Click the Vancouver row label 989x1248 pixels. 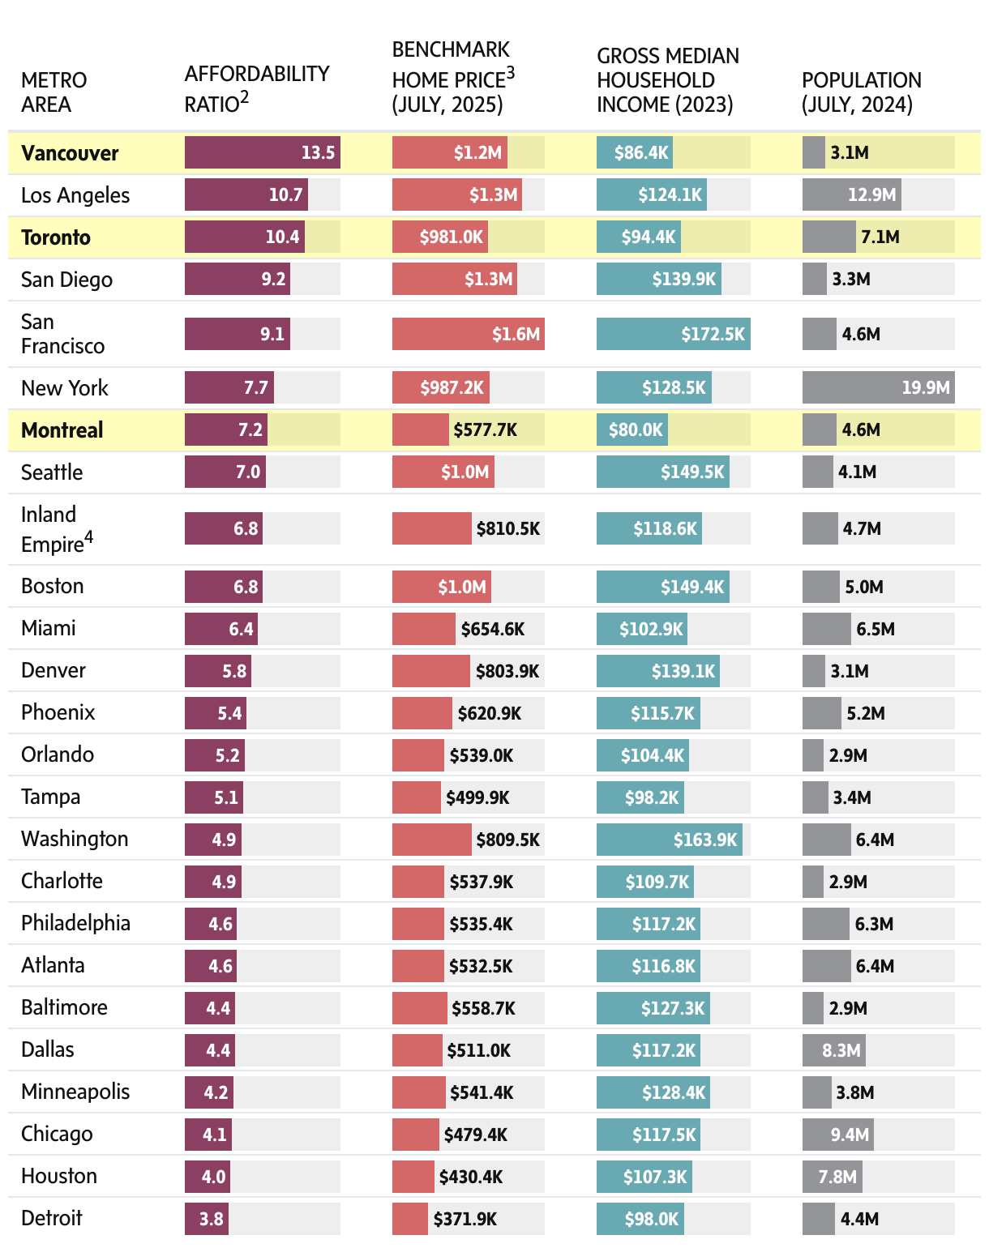point(70,153)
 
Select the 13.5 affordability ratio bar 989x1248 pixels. point(262,152)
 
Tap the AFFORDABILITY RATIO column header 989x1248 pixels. point(256,88)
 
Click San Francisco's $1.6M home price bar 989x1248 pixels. point(468,334)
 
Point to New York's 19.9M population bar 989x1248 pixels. point(878,387)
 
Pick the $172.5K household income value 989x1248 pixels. point(713,334)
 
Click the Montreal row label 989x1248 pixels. point(62,430)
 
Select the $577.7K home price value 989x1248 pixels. point(485,430)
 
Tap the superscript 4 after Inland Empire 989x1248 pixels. point(89,536)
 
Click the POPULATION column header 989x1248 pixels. point(861,92)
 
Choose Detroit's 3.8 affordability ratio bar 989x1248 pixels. point(206,1219)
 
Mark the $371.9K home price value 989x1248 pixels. point(465,1219)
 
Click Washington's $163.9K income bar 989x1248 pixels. point(669,840)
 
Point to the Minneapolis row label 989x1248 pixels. point(75,1092)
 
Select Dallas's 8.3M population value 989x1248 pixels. point(841,1050)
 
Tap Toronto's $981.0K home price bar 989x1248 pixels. point(440,237)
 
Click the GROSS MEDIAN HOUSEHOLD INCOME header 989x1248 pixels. point(667,79)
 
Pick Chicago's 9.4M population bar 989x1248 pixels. point(837,1135)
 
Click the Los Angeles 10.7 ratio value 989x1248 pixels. point(285,194)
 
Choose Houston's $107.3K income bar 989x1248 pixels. point(644,1177)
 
